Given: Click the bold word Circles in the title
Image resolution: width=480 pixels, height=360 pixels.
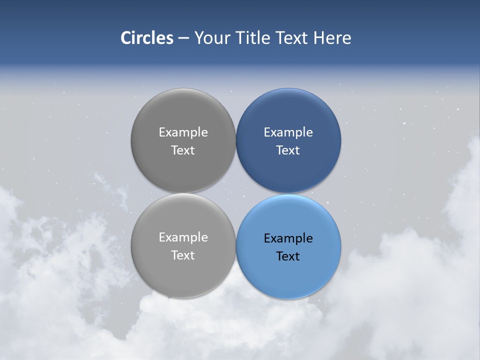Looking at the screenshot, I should point(146,38).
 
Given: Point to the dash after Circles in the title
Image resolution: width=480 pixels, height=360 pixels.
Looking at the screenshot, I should point(183,38).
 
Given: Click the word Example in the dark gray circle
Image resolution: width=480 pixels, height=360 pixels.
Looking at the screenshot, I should point(183,132).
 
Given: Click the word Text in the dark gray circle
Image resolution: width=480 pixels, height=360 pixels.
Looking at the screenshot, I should point(183,150).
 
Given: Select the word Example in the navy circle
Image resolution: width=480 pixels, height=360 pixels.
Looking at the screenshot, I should point(288,132).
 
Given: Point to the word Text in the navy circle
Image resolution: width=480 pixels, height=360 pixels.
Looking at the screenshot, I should point(288,150).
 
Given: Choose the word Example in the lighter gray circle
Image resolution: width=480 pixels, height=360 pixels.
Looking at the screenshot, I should point(183,237).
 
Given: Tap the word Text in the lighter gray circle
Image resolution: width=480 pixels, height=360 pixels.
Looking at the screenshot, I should point(183,255).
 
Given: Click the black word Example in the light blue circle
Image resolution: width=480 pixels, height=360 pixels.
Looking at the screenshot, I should point(288,238).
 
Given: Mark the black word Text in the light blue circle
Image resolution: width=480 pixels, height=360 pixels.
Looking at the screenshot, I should point(288,256).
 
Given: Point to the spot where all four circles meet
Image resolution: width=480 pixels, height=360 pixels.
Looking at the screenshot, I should point(236,193).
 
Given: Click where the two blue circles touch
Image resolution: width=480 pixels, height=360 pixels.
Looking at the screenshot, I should point(288,193).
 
